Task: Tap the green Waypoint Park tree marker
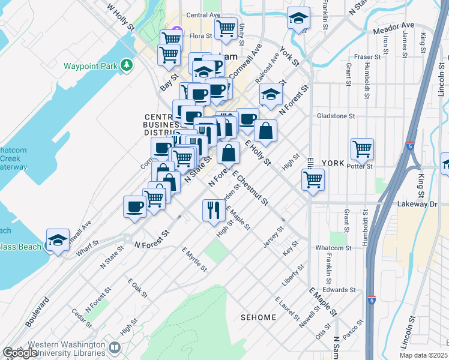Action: pos(127,64)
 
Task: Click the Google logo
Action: pos(20,353)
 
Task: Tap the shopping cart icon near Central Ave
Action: pos(226,28)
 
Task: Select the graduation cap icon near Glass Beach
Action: pos(58,241)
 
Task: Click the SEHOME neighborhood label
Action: pos(259,317)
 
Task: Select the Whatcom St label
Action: pos(333,248)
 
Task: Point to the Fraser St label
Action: pos(364,57)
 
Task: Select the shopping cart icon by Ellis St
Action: pos(313,179)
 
